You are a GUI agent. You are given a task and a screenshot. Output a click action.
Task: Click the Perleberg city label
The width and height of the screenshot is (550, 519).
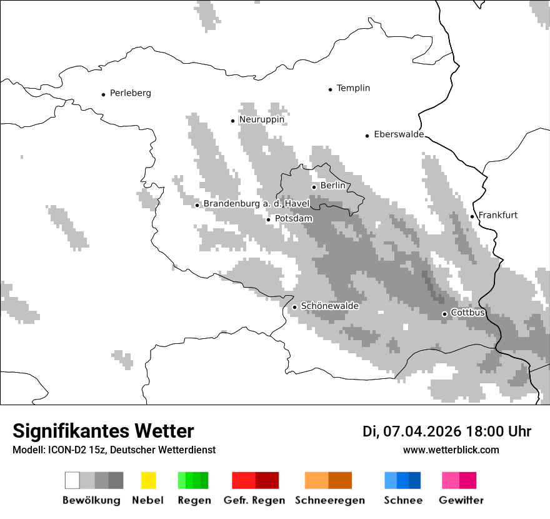(130, 93)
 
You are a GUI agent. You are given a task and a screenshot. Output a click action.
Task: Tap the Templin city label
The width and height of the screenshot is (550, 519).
(353, 88)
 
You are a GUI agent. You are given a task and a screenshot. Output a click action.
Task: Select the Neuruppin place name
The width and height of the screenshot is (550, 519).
(261, 119)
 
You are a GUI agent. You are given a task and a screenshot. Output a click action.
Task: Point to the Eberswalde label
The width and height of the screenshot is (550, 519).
(398, 134)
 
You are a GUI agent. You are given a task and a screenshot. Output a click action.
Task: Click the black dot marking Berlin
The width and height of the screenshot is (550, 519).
(314, 186)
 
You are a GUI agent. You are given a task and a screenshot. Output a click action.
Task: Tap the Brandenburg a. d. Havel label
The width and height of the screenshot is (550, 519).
(256, 204)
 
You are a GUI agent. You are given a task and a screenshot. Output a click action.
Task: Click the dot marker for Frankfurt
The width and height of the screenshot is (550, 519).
(472, 216)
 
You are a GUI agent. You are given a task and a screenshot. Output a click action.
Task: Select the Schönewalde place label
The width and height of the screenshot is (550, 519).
(329, 306)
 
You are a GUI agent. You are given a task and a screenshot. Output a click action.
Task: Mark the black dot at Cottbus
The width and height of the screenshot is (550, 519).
(444, 314)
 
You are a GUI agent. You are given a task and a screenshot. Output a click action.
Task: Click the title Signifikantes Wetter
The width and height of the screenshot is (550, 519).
(103, 431)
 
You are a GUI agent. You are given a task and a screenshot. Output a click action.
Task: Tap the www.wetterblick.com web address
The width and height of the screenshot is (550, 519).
(451, 450)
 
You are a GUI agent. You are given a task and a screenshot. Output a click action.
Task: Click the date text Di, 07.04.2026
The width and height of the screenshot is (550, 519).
(411, 431)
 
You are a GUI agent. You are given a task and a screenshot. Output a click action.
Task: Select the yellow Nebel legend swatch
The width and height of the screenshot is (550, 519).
(148, 480)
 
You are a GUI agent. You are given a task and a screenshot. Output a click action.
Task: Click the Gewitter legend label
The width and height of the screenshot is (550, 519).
(461, 500)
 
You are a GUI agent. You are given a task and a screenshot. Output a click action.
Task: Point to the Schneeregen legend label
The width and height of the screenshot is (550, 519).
(329, 500)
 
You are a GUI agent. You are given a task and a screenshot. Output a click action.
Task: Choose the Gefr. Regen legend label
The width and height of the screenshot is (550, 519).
(254, 500)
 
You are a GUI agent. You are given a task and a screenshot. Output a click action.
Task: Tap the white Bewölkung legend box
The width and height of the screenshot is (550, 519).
(72, 480)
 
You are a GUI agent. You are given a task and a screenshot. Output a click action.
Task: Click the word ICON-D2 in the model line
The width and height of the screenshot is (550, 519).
(62, 450)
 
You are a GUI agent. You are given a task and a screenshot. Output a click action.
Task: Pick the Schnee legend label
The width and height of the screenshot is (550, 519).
(402, 500)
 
